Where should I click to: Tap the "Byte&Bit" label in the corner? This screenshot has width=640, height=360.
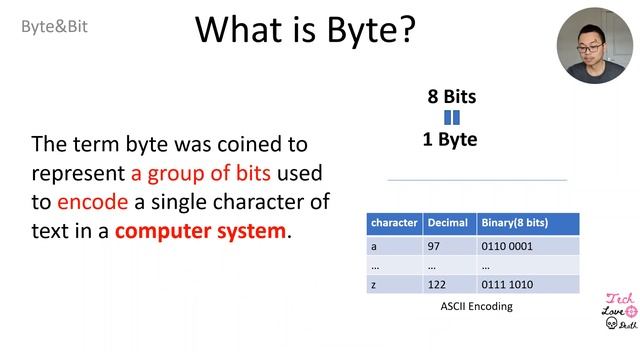click(x=55, y=27)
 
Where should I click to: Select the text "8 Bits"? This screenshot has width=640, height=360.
click(x=451, y=97)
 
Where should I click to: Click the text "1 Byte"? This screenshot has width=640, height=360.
click(x=450, y=140)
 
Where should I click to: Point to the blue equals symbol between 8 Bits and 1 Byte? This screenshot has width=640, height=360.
click(x=451, y=118)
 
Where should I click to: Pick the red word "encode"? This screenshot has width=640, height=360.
click(x=92, y=202)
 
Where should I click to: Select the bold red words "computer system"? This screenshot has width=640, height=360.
click(x=200, y=231)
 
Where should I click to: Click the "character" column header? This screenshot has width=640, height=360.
click(x=393, y=222)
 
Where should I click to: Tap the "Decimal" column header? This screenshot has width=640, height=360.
click(x=447, y=222)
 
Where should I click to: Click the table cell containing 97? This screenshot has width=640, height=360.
click(x=435, y=246)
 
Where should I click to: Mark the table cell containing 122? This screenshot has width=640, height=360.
click(x=438, y=285)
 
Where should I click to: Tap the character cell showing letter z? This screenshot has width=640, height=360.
click(x=374, y=285)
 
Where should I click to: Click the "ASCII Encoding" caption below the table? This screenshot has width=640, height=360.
click(x=476, y=306)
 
